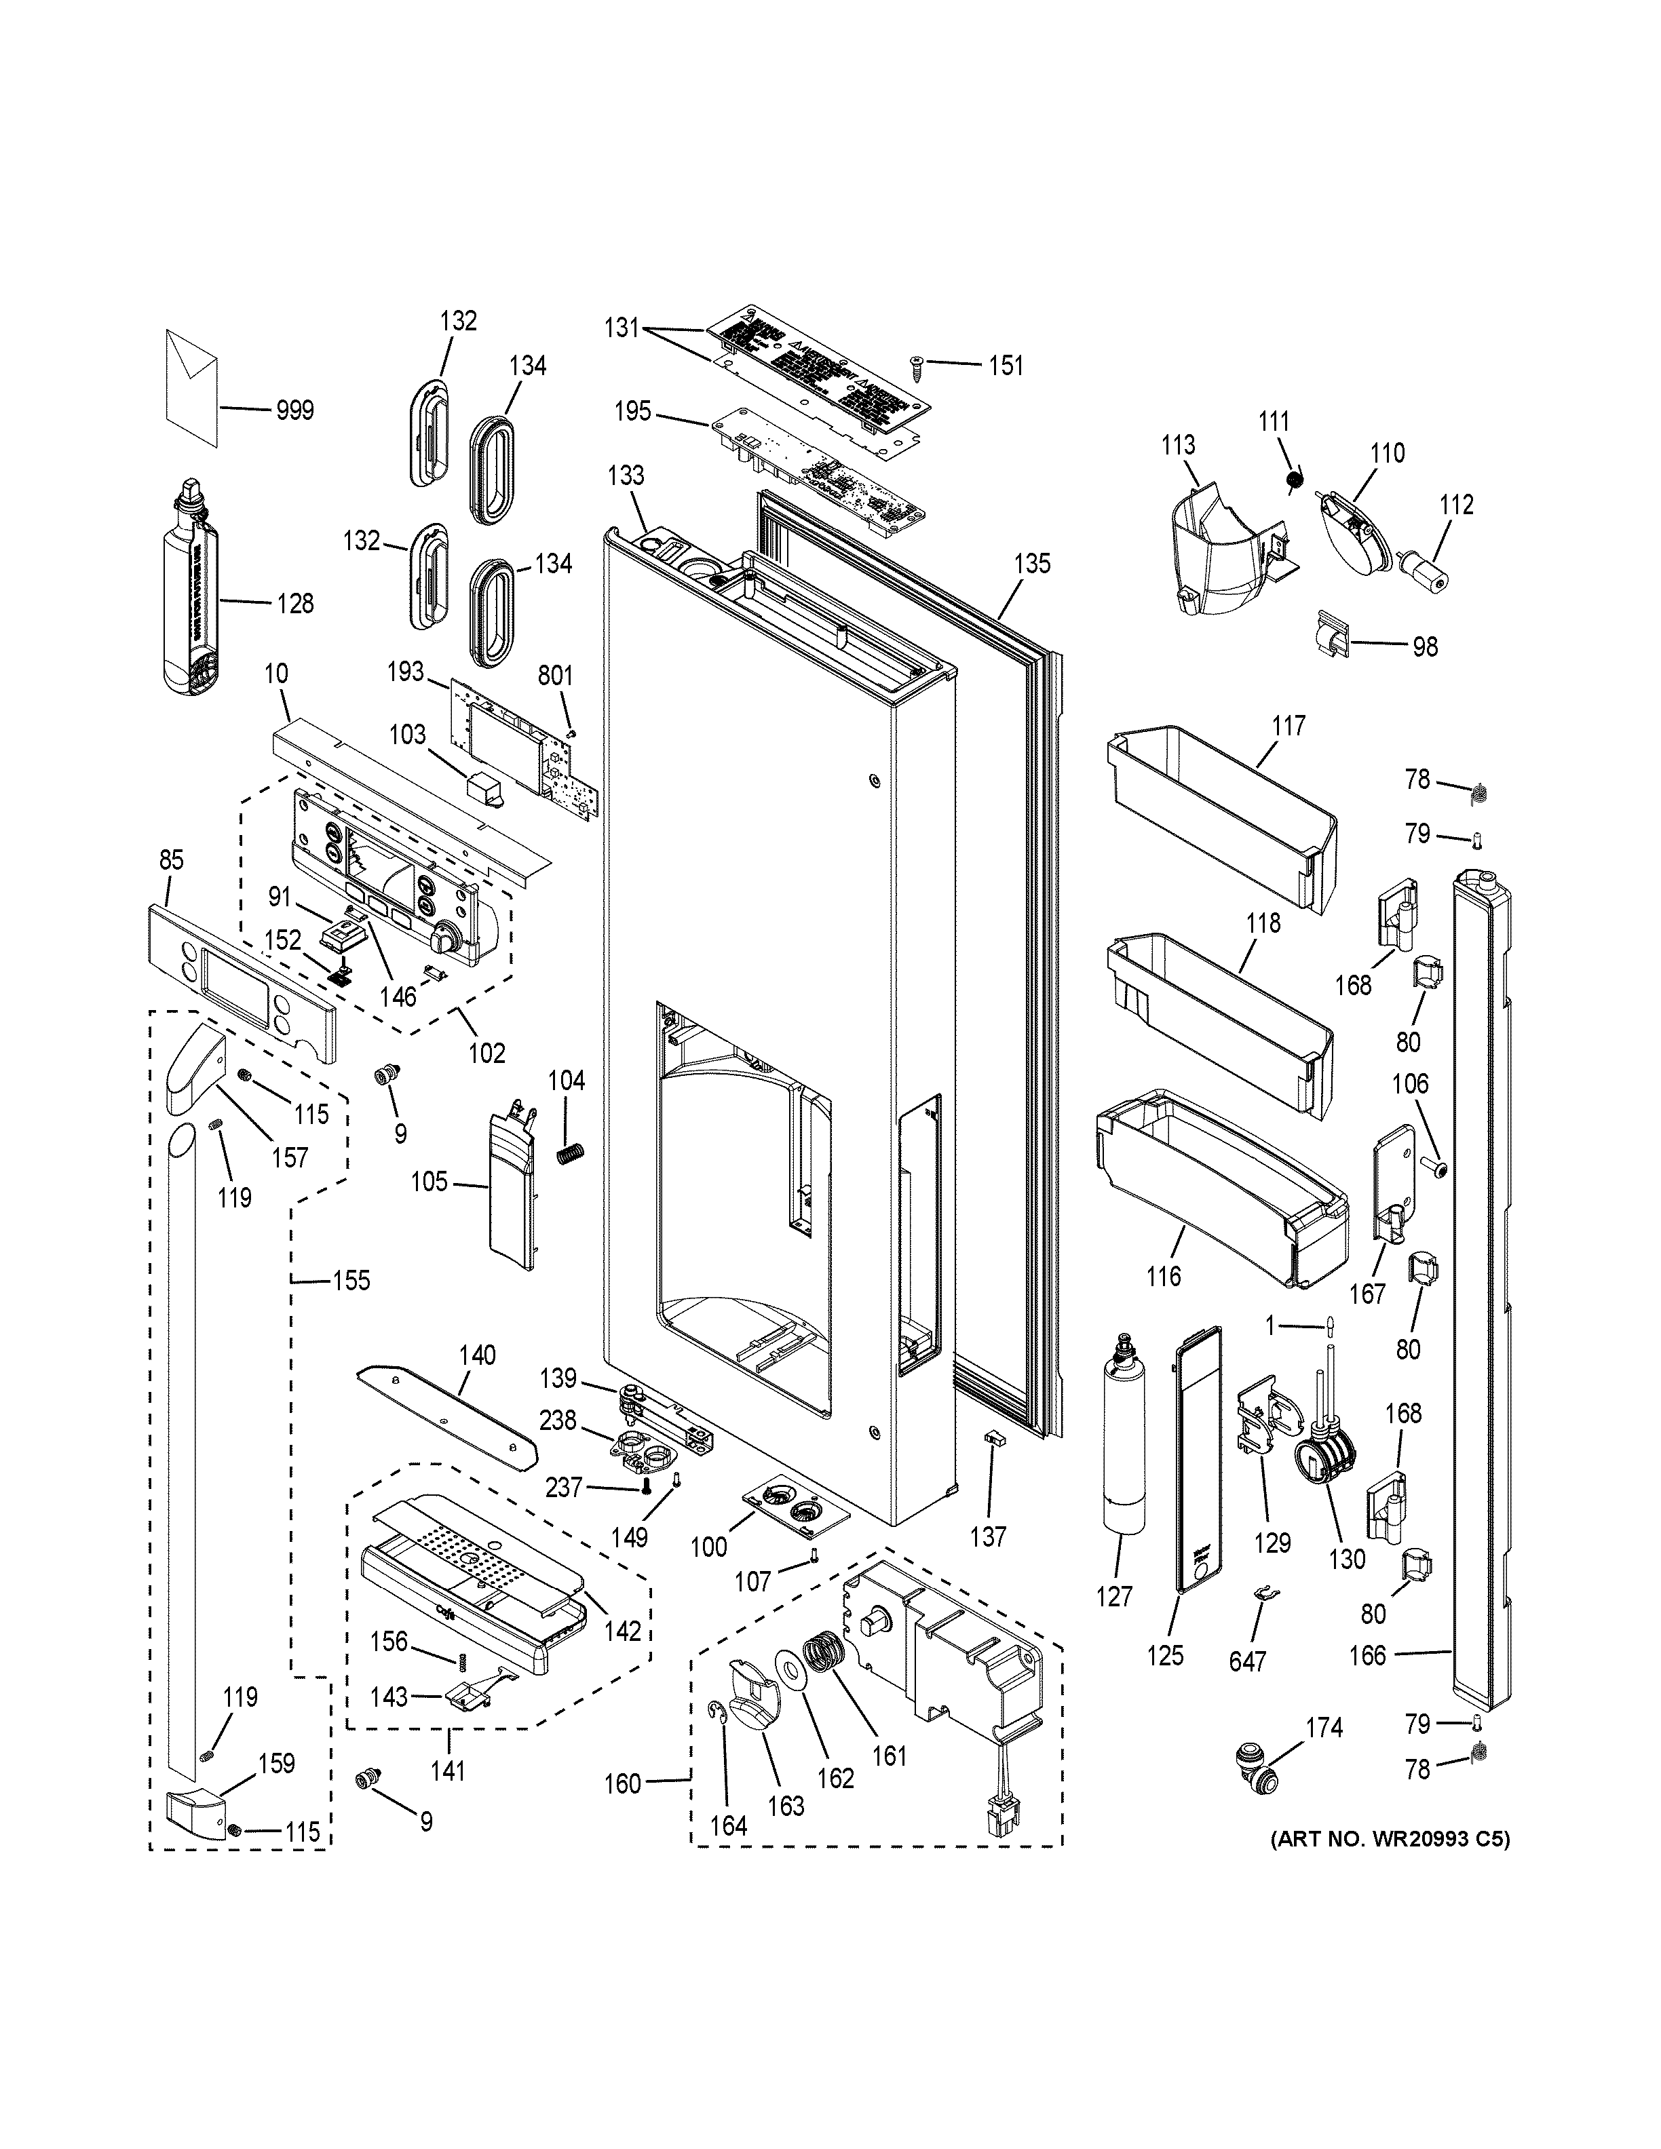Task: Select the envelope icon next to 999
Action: pyautogui.click(x=193, y=386)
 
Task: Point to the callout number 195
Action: pyautogui.click(x=633, y=410)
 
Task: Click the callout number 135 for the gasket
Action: pyautogui.click(x=1031, y=564)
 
